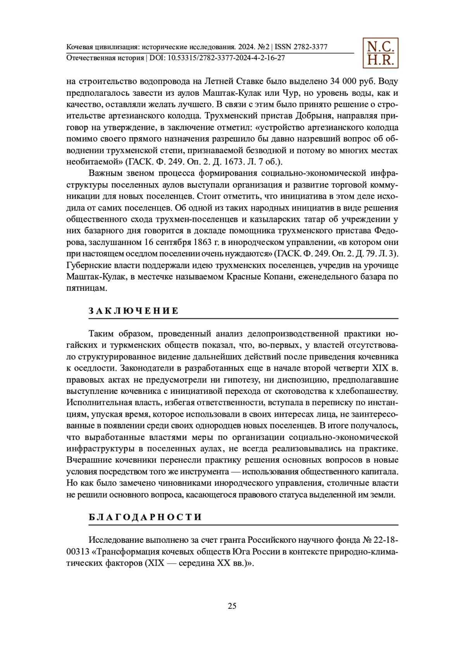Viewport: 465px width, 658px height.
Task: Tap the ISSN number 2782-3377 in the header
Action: click(310, 47)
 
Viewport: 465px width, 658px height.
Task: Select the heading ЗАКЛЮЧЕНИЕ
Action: click(134, 311)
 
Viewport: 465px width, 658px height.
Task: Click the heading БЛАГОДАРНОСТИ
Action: click(145, 517)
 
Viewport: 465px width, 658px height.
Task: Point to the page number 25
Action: click(232, 606)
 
